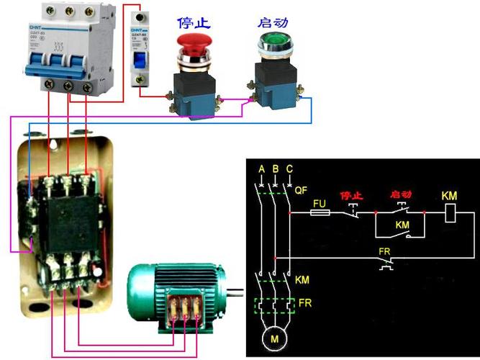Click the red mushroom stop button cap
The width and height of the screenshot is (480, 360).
click(x=194, y=42)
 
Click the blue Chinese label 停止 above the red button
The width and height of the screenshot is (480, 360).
click(x=194, y=22)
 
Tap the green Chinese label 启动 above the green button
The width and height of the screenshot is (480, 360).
click(x=273, y=22)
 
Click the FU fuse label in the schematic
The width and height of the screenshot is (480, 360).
click(x=320, y=204)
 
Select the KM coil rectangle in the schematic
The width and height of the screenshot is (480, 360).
click(x=448, y=213)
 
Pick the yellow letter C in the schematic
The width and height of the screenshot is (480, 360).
click(x=289, y=170)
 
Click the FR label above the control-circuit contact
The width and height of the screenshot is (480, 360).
click(x=384, y=252)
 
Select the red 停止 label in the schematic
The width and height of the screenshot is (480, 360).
click(x=350, y=196)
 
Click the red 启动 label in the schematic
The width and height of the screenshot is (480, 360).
click(x=400, y=196)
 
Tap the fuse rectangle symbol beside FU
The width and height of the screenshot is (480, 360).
click(x=320, y=214)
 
